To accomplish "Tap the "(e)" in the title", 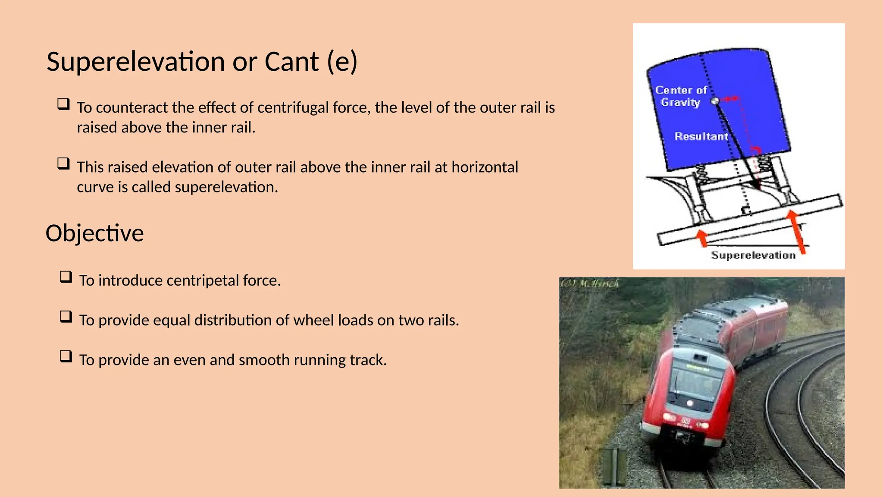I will pos(342,62).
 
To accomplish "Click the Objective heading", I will pos(95,233).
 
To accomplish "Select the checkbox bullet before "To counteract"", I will pos(63,104).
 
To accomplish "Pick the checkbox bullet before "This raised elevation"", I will pos(63,164).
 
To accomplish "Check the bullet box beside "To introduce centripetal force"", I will pos(66,277).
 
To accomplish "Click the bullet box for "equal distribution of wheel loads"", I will pos(66,317).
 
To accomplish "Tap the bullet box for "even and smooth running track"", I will pos(66,356).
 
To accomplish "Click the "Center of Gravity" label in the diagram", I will pos(681,96).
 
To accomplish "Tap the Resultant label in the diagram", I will pos(701,136).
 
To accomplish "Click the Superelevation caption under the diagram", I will pos(753,255).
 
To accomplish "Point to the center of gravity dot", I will pos(715,101).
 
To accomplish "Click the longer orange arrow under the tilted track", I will pos(797,231).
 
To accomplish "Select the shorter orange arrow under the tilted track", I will pos(703,238).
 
